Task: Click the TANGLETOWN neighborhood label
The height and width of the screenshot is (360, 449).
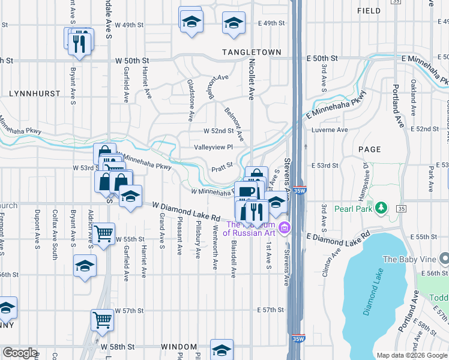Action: [x=252, y=52]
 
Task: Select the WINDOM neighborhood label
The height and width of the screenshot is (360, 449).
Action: [x=179, y=347]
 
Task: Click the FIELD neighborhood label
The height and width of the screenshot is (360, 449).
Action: [x=369, y=11]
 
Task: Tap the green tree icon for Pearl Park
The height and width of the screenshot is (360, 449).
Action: [x=381, y=208]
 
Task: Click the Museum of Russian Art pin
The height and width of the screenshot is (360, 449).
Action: [x=286, y=227]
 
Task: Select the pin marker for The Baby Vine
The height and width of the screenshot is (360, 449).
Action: [x=444, y=259]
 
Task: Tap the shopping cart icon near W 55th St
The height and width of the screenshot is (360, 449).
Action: [x=104, y=233]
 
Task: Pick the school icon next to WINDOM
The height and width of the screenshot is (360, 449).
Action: [x=221, y=350]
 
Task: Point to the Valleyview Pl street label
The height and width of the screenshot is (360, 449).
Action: [x=212, y=147]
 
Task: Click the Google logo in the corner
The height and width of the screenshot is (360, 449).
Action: [x=20, y=352]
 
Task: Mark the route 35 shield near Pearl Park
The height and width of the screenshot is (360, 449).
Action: [x=402, y=208]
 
